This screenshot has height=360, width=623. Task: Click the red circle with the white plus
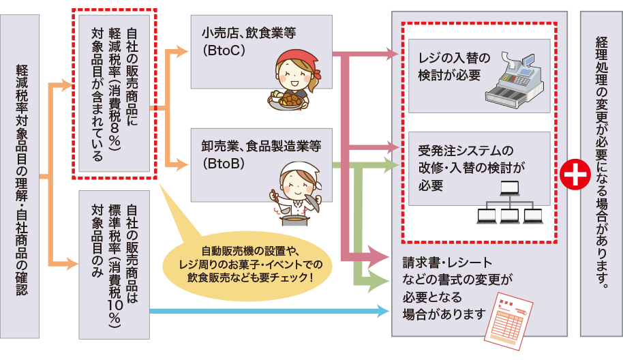[x=574, y=176]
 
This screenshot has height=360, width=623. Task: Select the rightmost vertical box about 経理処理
[x=601, y=172]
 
